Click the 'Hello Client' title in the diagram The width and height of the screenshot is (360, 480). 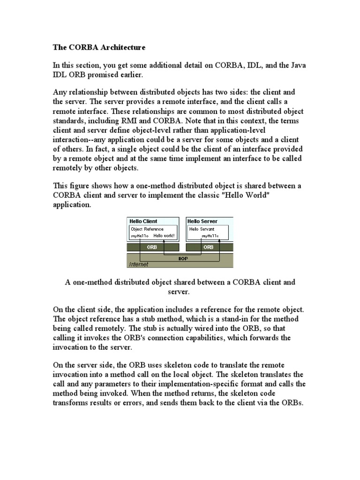143,221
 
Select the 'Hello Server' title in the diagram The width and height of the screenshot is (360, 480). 202,221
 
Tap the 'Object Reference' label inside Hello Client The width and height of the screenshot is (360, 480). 147,229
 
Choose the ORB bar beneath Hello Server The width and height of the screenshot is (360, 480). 209,247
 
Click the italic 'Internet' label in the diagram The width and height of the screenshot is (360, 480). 139,264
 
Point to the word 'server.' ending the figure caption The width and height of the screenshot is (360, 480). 180,292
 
